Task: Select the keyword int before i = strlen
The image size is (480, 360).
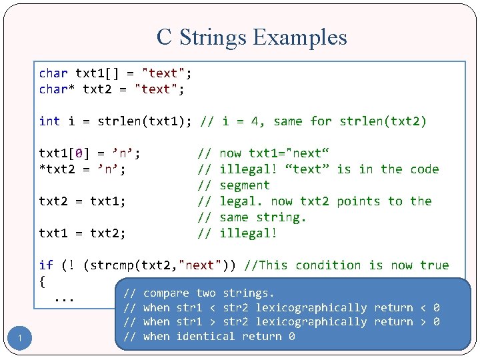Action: (49, 121)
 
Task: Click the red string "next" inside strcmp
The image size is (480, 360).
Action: (199, 265)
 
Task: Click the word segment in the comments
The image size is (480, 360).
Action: (245, 185)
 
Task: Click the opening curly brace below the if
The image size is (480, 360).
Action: (43, 281)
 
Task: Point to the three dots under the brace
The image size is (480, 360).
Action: (64, 298)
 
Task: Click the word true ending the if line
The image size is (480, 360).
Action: (434, 265)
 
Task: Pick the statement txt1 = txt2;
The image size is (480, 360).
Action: (83, 233)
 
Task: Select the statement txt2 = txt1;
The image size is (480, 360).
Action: (83, 201)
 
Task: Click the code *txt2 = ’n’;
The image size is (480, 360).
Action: (83, 169)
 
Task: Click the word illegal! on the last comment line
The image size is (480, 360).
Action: (248, 233)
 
